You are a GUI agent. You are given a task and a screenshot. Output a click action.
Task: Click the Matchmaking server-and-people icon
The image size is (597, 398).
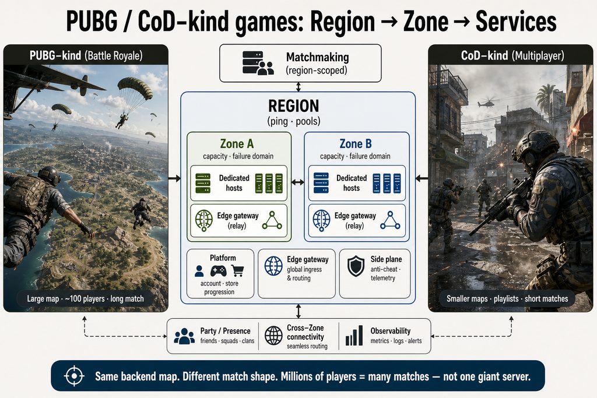258,63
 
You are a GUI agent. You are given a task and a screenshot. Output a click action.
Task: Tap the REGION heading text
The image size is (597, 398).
293,106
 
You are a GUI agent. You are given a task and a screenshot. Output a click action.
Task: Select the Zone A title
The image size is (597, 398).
237,144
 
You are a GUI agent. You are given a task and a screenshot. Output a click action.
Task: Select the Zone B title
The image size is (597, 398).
355,144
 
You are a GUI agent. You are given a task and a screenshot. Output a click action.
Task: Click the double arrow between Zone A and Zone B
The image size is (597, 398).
298,182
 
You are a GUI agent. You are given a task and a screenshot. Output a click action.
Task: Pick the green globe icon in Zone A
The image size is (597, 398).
203,220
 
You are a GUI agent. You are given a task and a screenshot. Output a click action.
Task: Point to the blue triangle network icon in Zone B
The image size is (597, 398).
390,220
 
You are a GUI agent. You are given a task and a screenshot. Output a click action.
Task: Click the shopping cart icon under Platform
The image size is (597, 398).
238,270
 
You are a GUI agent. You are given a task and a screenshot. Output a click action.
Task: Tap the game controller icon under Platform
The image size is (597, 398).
218,271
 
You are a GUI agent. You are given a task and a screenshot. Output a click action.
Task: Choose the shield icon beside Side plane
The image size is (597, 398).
356,266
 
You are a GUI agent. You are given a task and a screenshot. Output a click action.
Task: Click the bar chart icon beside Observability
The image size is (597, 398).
354,336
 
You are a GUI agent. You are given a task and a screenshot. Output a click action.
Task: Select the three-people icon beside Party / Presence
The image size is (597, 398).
184,336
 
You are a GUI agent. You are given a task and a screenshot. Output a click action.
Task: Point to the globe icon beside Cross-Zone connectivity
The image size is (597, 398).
273,336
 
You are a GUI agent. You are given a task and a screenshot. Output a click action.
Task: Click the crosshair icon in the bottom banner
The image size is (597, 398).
74,376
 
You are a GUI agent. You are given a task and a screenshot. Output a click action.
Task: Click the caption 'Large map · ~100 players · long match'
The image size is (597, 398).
85,299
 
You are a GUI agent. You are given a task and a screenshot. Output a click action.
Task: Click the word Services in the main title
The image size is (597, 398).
516,22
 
